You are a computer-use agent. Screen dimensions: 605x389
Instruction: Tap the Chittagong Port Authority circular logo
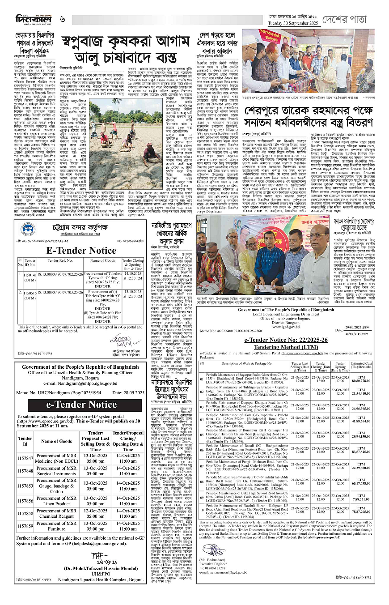[28, 229]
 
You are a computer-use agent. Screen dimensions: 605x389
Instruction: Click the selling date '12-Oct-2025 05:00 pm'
[96, 513]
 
